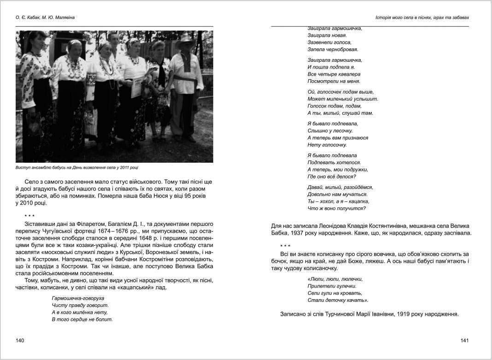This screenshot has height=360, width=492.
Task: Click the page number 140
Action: click(19, 340)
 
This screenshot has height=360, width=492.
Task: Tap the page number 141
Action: click(464, 340)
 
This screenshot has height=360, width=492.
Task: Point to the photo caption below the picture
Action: click(77, 167)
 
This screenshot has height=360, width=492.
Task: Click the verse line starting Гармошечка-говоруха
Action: click(78, 298)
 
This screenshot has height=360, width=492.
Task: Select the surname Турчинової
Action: click(325, 314)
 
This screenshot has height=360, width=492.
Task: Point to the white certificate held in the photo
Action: click(137, 86)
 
